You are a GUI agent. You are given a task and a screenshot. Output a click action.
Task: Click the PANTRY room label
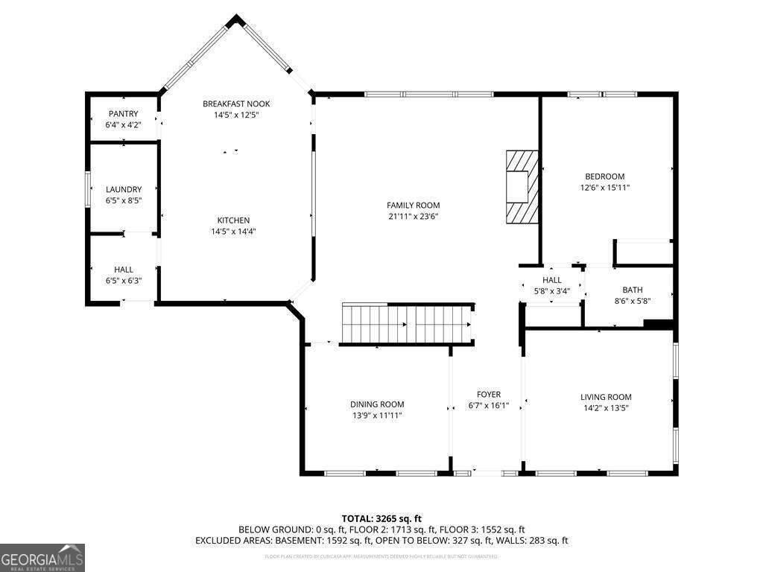[124, 114]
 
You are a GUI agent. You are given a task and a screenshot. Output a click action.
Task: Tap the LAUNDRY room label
[124, 190]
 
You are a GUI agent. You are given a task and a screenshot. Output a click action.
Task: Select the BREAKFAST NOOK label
[236, 104]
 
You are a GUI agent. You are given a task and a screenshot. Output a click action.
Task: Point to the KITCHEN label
[233, 220]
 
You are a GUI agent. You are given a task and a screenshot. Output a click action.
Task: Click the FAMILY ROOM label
[413, 206]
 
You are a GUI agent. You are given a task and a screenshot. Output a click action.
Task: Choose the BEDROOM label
[604, 177]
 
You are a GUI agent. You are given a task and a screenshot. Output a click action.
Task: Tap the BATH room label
[632, 290]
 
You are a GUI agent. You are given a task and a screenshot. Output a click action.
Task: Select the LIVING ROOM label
[606, 397]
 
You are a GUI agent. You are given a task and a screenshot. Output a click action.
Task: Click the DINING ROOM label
[377, 404]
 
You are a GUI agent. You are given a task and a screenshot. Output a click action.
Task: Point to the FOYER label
[489, 395]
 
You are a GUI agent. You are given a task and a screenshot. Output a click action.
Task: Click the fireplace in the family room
[521, 186]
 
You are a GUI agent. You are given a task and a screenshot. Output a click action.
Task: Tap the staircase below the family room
[408, 324]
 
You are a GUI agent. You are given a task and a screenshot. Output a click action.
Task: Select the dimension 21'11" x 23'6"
[413, 217]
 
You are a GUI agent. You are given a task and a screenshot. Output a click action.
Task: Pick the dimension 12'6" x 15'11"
[604, 188]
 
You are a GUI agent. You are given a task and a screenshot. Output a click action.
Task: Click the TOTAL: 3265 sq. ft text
[381, 518]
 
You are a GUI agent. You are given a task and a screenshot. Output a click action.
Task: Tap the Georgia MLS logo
[42, 558]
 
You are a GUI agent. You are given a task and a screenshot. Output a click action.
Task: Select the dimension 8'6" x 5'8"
[632, 302]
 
